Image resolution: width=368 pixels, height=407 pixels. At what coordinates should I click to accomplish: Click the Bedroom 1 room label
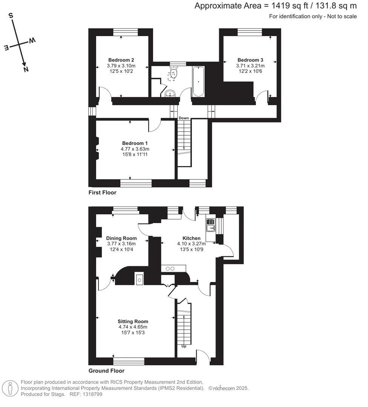tap(135, 143)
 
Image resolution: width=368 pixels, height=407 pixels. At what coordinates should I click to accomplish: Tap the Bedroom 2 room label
tap(121, 60)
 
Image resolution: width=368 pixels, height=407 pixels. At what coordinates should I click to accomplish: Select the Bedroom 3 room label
tap(250, 60)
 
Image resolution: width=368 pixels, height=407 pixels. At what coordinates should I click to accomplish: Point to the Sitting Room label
tap(133, 321)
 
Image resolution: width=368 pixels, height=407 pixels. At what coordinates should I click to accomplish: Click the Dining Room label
tap(121, 238)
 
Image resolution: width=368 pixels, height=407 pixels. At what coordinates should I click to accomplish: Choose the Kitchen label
tap(191, 238)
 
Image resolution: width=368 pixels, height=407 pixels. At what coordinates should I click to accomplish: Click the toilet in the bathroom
tap(173, 72)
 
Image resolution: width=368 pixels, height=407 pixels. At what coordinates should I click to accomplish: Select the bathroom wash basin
tap(171, 93)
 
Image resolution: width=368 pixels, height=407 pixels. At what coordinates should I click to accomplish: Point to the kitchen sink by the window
tap(210, 225)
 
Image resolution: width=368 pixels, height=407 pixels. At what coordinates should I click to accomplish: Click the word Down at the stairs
tap(184, 118)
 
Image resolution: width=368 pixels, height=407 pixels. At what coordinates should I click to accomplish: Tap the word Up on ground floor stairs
tap(184, 346)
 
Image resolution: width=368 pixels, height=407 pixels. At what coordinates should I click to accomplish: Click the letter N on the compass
tap(26, 69)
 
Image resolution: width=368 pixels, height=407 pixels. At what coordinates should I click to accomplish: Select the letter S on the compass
tap(11, 15)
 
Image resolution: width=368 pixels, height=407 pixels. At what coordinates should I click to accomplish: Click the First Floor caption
tap(102, 193)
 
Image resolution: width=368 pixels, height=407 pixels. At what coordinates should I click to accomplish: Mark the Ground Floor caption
tap(106, 371)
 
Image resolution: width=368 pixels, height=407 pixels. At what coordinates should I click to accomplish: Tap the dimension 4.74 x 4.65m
tap(133, 327)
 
